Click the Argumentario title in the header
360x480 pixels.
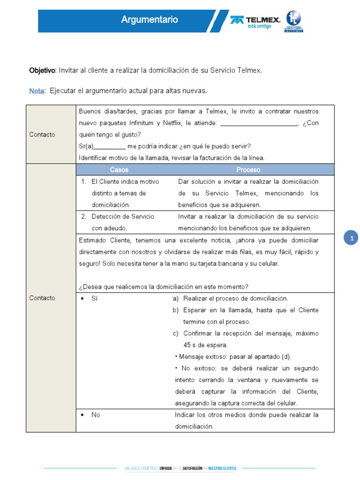pyautogui.click(x=150, y=20)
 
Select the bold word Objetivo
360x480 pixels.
pyautogui.click(x=42, y=70)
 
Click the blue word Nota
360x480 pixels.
pyautogui.click(x=37, y=90)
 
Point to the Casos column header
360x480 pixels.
pyautogui.click(x=119, y=170)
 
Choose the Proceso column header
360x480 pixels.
pyautogui.click(x=248, y=170)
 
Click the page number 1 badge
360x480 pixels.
pyautogui.click(x=351, y=239)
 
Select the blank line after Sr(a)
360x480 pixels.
pyautogui.click(x=110, y=146)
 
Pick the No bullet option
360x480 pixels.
pyautogui.click(x=96, y=415)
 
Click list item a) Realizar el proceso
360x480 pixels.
pyautogui.click(x=235, y=299)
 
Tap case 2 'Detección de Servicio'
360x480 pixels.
pyautogui.click(x=123, y=217)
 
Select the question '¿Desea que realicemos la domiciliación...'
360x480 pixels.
pyautogui.click(x=164, y=287)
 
